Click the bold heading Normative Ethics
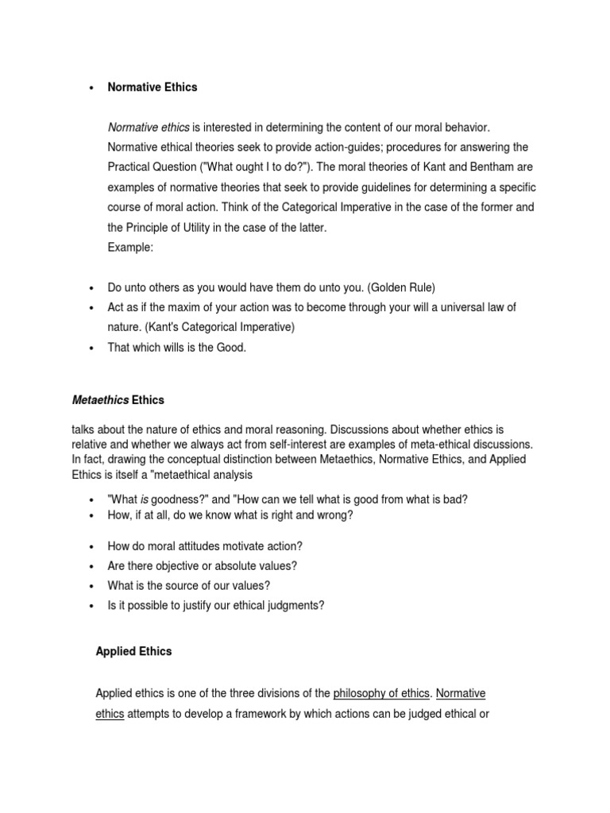point(152,87)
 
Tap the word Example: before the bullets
point(130,247)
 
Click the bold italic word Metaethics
point(100,399)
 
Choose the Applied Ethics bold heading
point(133,651)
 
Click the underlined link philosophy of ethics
point(380,693)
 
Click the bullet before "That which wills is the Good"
point(91,348)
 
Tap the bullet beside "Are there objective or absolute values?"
point(91,566)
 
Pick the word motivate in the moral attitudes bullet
point(245,546)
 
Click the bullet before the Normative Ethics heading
point(91,87)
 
